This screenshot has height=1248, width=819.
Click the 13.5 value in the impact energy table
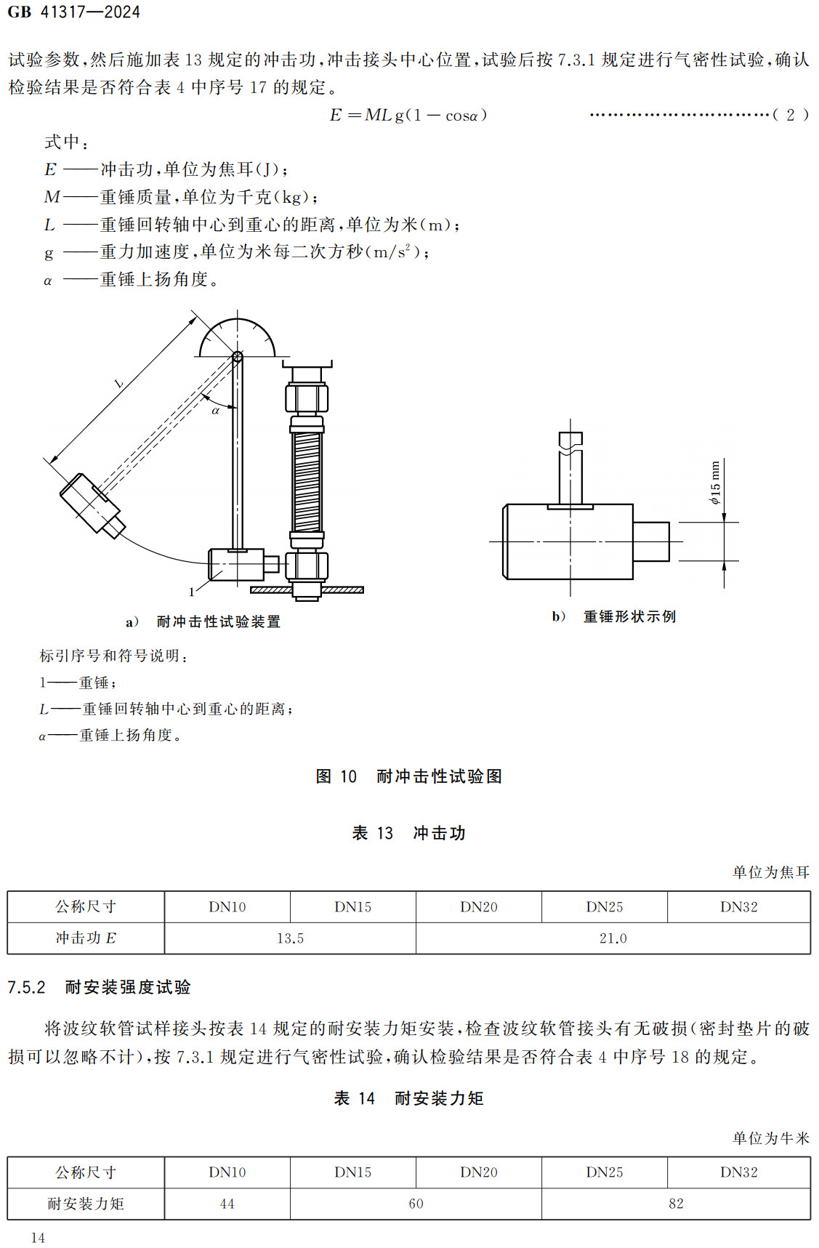click(290, 938)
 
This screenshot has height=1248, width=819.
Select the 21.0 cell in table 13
click(613, 938)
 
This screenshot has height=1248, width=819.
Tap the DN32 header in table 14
click(738, 1172)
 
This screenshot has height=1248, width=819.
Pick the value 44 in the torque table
click(227, 1204)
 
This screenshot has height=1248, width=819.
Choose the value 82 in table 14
click(676, 1204)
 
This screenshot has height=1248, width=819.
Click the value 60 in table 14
click(416, 1204)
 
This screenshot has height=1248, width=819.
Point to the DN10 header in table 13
click(227, 907)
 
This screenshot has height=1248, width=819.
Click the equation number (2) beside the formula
click(790, 115)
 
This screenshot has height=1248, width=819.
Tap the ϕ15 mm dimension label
click(715, 483)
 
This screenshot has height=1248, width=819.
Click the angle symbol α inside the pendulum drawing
click(215, 411)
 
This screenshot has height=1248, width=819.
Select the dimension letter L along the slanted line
click(118, 383)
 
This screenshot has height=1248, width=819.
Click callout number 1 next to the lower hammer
click(192, 592)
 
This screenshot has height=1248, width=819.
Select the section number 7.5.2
click(26, 987)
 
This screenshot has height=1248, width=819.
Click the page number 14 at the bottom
click(38, 1237)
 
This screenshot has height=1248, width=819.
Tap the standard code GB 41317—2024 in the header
click(73, 12)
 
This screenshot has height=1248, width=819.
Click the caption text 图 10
click(336, 776)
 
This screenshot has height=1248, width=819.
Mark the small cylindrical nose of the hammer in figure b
click(651, 542)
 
